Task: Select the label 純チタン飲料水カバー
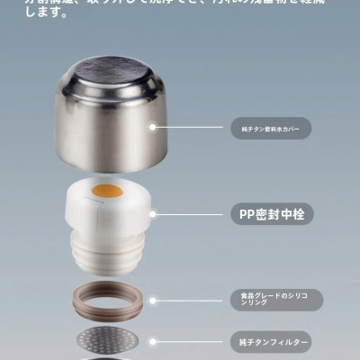[x=271, y=129]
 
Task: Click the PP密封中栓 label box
[x=272, y=215]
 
